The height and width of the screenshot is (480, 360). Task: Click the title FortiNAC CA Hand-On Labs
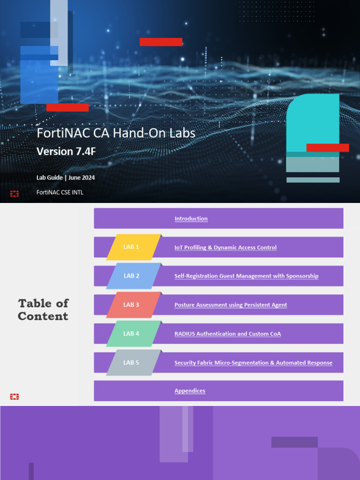[116, 134]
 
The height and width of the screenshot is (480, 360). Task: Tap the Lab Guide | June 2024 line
[66, 178]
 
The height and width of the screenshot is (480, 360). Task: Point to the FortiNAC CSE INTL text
[60, 192]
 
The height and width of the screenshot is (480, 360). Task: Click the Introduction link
[191, 219]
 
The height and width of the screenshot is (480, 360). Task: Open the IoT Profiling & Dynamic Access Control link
[225, 247]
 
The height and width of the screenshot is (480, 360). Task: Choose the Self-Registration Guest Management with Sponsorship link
[246, 276]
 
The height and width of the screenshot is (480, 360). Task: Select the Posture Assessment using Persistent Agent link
[231, 305]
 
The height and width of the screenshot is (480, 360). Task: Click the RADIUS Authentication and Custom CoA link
[227, 334]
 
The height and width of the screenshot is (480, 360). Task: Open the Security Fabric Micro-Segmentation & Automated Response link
[253, 363]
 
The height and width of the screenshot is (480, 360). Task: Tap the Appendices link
[190, 391]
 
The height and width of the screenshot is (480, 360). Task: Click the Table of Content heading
[43, 309]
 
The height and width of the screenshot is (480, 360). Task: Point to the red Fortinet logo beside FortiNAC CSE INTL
[15, 194]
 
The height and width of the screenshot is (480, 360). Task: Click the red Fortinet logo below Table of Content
[15, 397]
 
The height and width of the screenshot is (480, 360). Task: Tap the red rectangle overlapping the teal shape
[328, 148]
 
